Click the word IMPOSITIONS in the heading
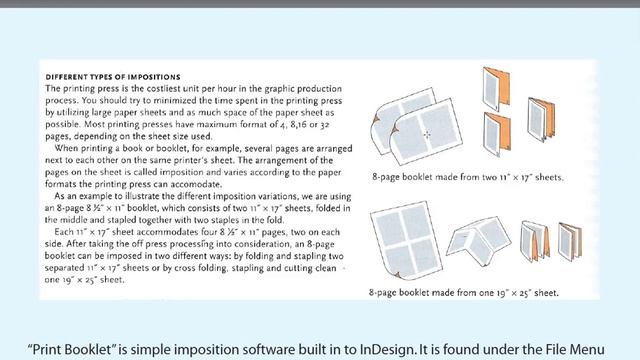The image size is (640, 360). (x=154, y=77)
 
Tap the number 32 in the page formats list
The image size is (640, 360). (x=324, y=124)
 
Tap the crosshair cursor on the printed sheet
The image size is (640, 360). (x=427, y=134)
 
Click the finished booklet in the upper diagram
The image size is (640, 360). (x=541, y=120)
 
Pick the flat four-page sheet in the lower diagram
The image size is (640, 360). (x=406, y=240)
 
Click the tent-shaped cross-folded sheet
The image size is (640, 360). (x=478, y=240)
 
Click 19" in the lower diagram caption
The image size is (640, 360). (x=502, y=293)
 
